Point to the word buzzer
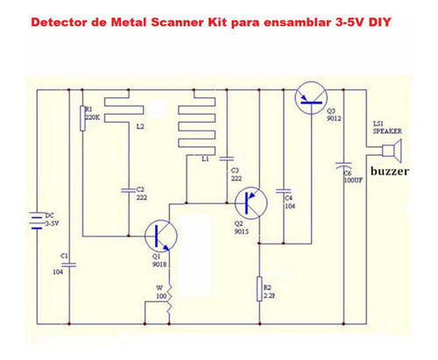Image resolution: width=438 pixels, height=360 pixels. (392, 172)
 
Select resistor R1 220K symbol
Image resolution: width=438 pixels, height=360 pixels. (81, 116)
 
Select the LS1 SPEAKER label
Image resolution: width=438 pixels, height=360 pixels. (385, 127)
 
